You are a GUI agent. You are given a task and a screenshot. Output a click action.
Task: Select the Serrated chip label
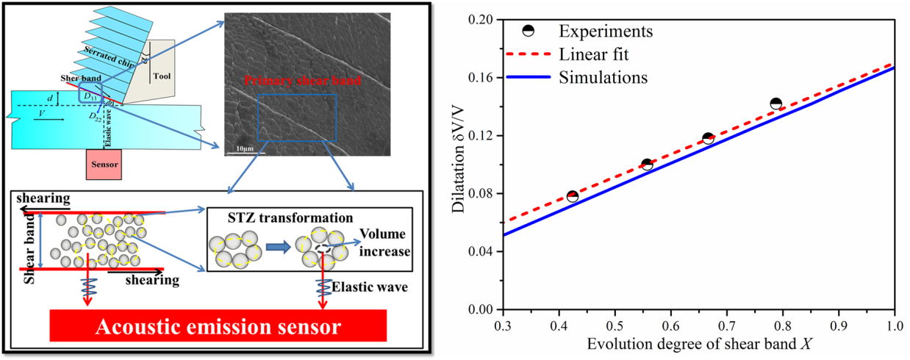point(108,62)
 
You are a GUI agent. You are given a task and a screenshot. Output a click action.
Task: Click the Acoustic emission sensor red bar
point(218,325)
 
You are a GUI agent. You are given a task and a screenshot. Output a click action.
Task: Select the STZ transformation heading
point(280,218)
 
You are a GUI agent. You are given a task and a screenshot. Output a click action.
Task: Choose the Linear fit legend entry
point(593,54)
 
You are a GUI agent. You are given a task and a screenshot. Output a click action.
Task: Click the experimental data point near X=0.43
point(572,196)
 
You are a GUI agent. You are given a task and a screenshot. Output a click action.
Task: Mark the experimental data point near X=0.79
point(775,104)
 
